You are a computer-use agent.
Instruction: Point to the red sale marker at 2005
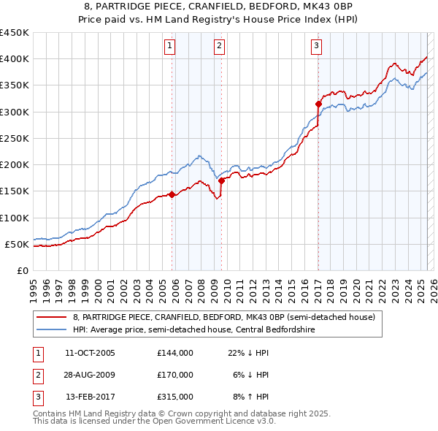[x=172, y=194]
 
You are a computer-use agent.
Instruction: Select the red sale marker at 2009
[x=221, y=180]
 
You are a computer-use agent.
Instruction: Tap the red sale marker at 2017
[x=318, y=104]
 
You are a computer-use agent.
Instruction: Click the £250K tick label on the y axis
[x=14, y=138]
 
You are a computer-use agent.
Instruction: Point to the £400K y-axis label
[x=14, y=59]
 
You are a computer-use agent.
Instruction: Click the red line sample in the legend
[x=51, y=317]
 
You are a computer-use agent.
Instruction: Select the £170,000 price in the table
[x=175, y=375]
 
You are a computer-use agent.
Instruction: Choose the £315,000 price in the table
[x=175, y=397]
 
